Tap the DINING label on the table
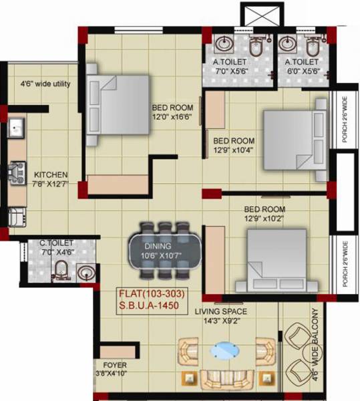pyautogui.click(x=158, y=246)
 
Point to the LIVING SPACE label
pyautogui.click(x=221, y=311)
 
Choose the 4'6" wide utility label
pyautogui.click(x=45, y=84)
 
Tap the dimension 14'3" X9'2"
pyautogui.click(x=221, y=321)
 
